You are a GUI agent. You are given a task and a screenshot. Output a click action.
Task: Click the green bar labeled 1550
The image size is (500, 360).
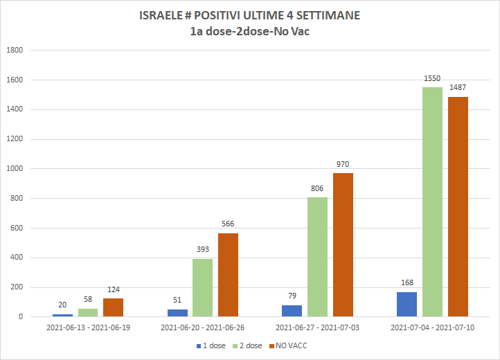click(x=432, y=202)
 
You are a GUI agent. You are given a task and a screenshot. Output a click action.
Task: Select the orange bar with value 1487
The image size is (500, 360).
click(x=458, y=206)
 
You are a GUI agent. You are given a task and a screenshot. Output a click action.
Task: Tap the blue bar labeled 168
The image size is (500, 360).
click(x=407, y=304)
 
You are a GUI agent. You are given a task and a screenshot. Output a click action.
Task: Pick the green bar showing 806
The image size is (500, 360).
click(x=317, y=257)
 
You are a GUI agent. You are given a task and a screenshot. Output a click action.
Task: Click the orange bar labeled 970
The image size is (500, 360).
click(x=343, y=245)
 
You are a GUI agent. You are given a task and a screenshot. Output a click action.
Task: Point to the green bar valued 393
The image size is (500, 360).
click(x=202, y=287)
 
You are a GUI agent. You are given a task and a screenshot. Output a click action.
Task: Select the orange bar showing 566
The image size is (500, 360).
click(x=228, y=275)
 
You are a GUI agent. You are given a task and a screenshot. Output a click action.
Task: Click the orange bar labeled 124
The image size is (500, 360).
click(x=113, y=307)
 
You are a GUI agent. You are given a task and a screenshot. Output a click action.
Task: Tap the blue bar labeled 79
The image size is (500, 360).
click(x=292, y=311)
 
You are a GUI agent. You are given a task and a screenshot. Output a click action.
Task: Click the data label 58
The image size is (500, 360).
click(x=88, y=299)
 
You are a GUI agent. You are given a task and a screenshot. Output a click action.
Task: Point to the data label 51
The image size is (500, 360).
click(x=177, y=300)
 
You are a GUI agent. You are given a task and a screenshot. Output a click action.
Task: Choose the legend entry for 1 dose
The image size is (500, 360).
click(x=211, y=345)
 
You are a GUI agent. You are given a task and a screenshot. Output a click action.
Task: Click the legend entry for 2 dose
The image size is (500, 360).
click(x=247, y=345)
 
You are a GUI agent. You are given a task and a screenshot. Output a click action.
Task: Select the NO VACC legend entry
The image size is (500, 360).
click(x=288, y=345)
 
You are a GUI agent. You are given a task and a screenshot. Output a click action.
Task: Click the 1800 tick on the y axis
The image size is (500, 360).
click(x=15, y=50)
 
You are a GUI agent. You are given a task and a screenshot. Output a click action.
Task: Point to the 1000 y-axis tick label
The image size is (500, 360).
click(x=15, y=169)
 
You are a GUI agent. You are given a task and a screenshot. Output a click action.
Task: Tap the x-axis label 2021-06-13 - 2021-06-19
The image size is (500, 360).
click(x=88, y=327)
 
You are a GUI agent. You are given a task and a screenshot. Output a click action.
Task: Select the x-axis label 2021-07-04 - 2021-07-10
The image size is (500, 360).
click(x=432, y=327)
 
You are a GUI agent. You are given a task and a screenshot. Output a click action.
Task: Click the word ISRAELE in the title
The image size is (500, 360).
click(x=161, y=15)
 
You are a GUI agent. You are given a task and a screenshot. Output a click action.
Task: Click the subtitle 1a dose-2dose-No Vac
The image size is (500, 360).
click(x=250, y=31)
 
